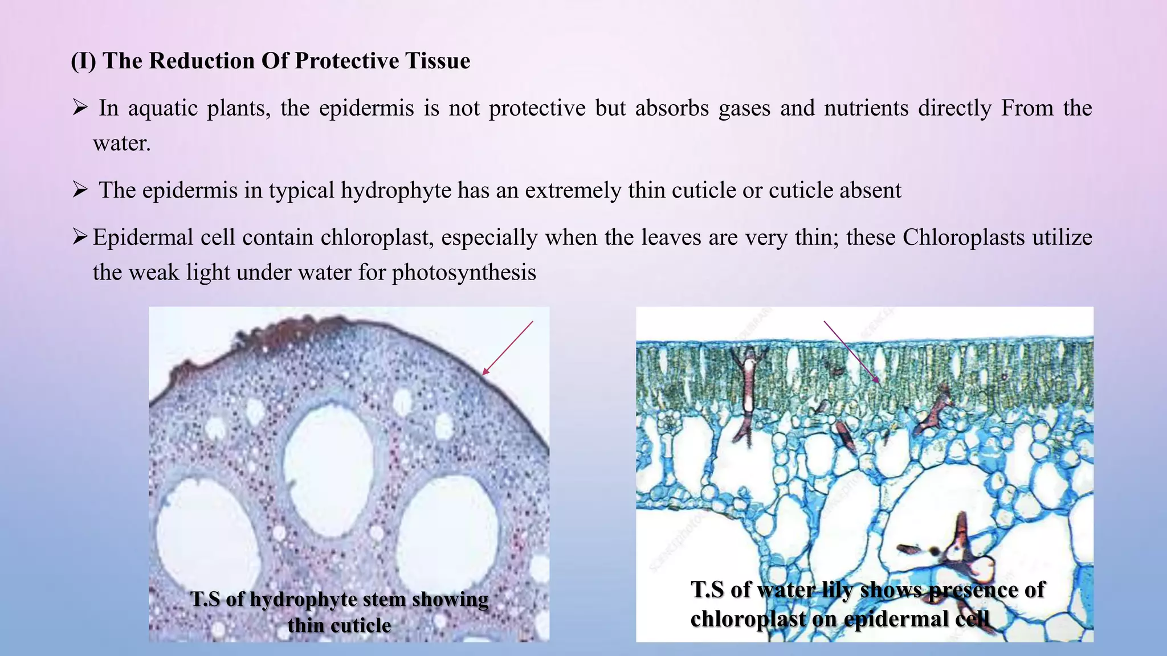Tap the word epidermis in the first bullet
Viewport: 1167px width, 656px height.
366,108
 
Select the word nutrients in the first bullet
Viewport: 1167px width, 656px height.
866,108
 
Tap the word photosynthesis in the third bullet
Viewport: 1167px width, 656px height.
464,273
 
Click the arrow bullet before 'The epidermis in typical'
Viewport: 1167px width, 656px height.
80,189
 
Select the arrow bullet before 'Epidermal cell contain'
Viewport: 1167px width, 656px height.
80,236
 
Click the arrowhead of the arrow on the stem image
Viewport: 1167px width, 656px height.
484,373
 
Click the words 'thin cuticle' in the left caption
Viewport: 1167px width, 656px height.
339,625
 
